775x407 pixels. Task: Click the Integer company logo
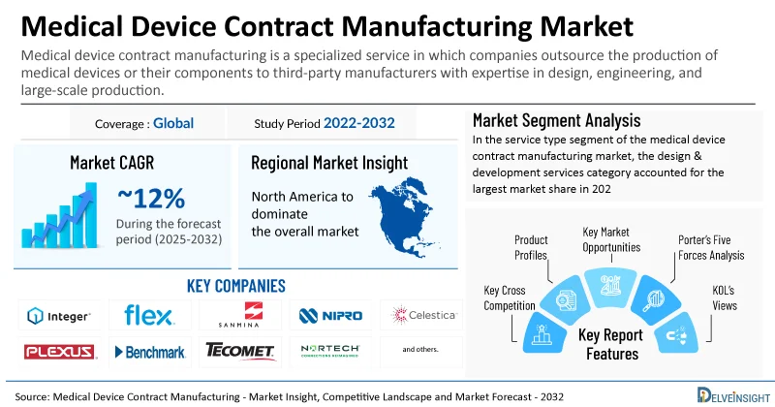(59, 316)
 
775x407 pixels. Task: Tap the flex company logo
(149, 315)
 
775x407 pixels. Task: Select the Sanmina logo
(239, 315)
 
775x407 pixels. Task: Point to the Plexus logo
(59, 351)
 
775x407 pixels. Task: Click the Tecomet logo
(239, 351)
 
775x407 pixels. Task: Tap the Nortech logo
(330, 350)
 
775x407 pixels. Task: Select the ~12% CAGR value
(151, 199)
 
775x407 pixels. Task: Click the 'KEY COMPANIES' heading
(235, 286)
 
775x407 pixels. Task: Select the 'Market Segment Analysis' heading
(556, 121)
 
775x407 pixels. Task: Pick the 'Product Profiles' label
(531, 247)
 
